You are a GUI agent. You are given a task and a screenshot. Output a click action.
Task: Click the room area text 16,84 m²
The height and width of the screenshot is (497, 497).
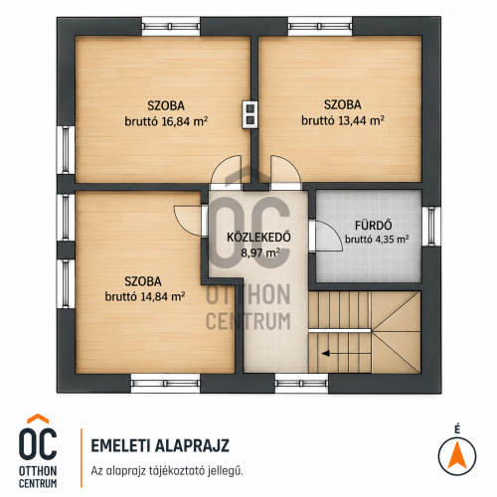tap(185, 121)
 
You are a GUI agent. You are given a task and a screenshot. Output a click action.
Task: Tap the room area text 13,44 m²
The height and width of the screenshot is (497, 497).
tap(361, 120)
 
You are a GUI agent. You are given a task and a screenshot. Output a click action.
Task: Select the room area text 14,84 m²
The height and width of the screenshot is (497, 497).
tap(163, 296)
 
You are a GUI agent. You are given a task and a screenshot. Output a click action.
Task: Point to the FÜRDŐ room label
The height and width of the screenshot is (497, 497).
tap(374, 226)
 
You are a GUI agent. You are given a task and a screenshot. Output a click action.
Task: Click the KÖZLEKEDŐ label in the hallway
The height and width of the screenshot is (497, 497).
tap(258, 238)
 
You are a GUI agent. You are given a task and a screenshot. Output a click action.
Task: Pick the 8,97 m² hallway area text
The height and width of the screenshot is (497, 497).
tap(260, 252)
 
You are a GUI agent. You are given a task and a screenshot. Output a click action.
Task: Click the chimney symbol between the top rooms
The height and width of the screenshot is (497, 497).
tap(250, 114)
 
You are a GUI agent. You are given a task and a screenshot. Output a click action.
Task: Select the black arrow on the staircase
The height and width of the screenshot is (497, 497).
tap(346, 354)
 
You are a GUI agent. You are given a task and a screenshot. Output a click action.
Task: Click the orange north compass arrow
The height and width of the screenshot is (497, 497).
tap(457, 454)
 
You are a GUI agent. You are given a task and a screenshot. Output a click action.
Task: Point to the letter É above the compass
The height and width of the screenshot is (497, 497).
tap(457, 429)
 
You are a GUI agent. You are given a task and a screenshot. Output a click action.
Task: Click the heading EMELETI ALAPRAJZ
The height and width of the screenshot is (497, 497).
tap(160, 445)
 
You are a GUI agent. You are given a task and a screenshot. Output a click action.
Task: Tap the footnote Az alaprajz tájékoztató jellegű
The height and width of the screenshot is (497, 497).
tap(167, 471)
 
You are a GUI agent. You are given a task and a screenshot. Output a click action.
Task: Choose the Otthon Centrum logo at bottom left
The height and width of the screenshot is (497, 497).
tap(38, 450)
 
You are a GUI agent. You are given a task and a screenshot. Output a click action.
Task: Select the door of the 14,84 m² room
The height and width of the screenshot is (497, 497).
tap(189, 221)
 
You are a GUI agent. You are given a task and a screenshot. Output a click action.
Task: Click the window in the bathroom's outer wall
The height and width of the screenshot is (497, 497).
tap(431, 227)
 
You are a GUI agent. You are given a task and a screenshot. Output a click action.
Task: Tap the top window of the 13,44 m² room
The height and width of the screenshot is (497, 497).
tap(320, 26)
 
